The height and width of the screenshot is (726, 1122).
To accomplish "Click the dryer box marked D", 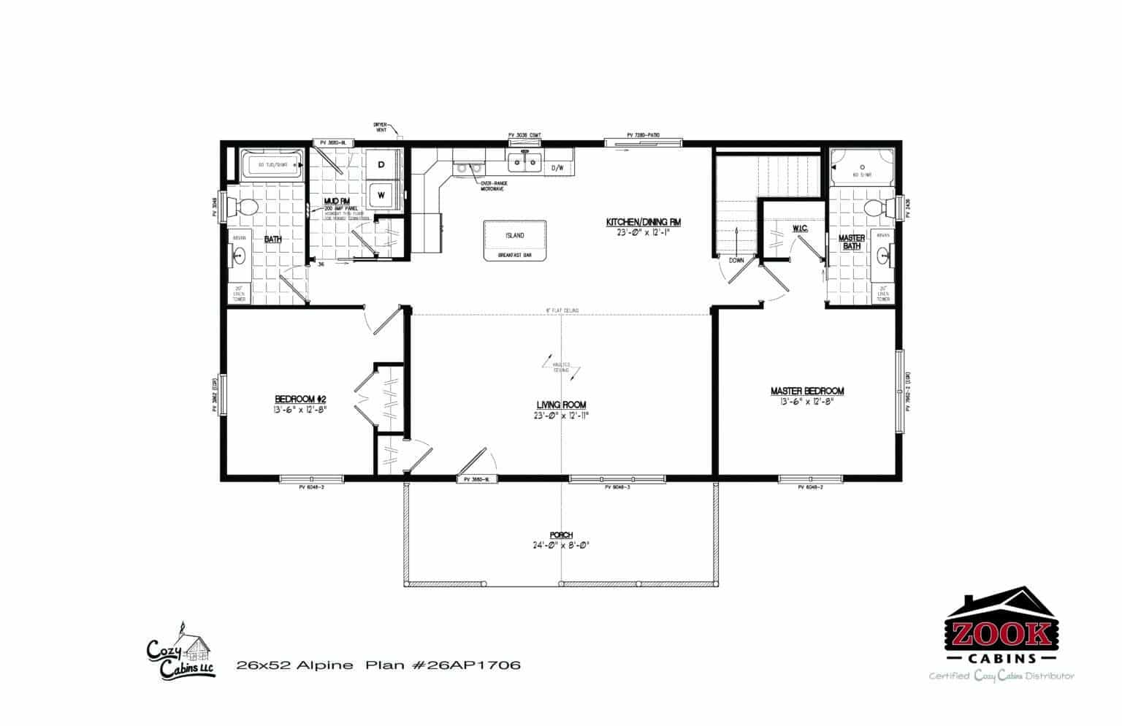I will (x=381, y=166).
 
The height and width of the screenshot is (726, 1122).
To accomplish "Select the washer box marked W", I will (x=381, y=195).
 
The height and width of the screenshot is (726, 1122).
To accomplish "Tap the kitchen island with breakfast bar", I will (x=514, y=240).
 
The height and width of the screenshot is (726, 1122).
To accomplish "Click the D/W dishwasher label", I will (x=557, y=168).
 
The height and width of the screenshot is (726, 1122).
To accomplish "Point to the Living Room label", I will (x=561, y=405).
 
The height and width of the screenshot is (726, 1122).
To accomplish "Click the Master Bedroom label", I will (x=807, y=391).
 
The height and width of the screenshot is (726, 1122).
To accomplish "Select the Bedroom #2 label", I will (x=299, y=399).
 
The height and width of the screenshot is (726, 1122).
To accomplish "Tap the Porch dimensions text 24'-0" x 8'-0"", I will (x=561, y=545).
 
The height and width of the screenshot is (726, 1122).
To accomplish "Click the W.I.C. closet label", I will (x=798, y=229).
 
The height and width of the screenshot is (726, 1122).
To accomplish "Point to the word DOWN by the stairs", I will (x=736, y=259).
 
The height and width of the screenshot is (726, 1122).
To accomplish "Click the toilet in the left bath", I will (x=243, y=207).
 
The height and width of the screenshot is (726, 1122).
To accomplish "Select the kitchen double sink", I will (x=524, y=162).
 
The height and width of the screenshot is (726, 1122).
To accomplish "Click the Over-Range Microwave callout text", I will (x=493, y=187).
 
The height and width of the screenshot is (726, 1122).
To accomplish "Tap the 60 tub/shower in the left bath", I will (x=271, y=165).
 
